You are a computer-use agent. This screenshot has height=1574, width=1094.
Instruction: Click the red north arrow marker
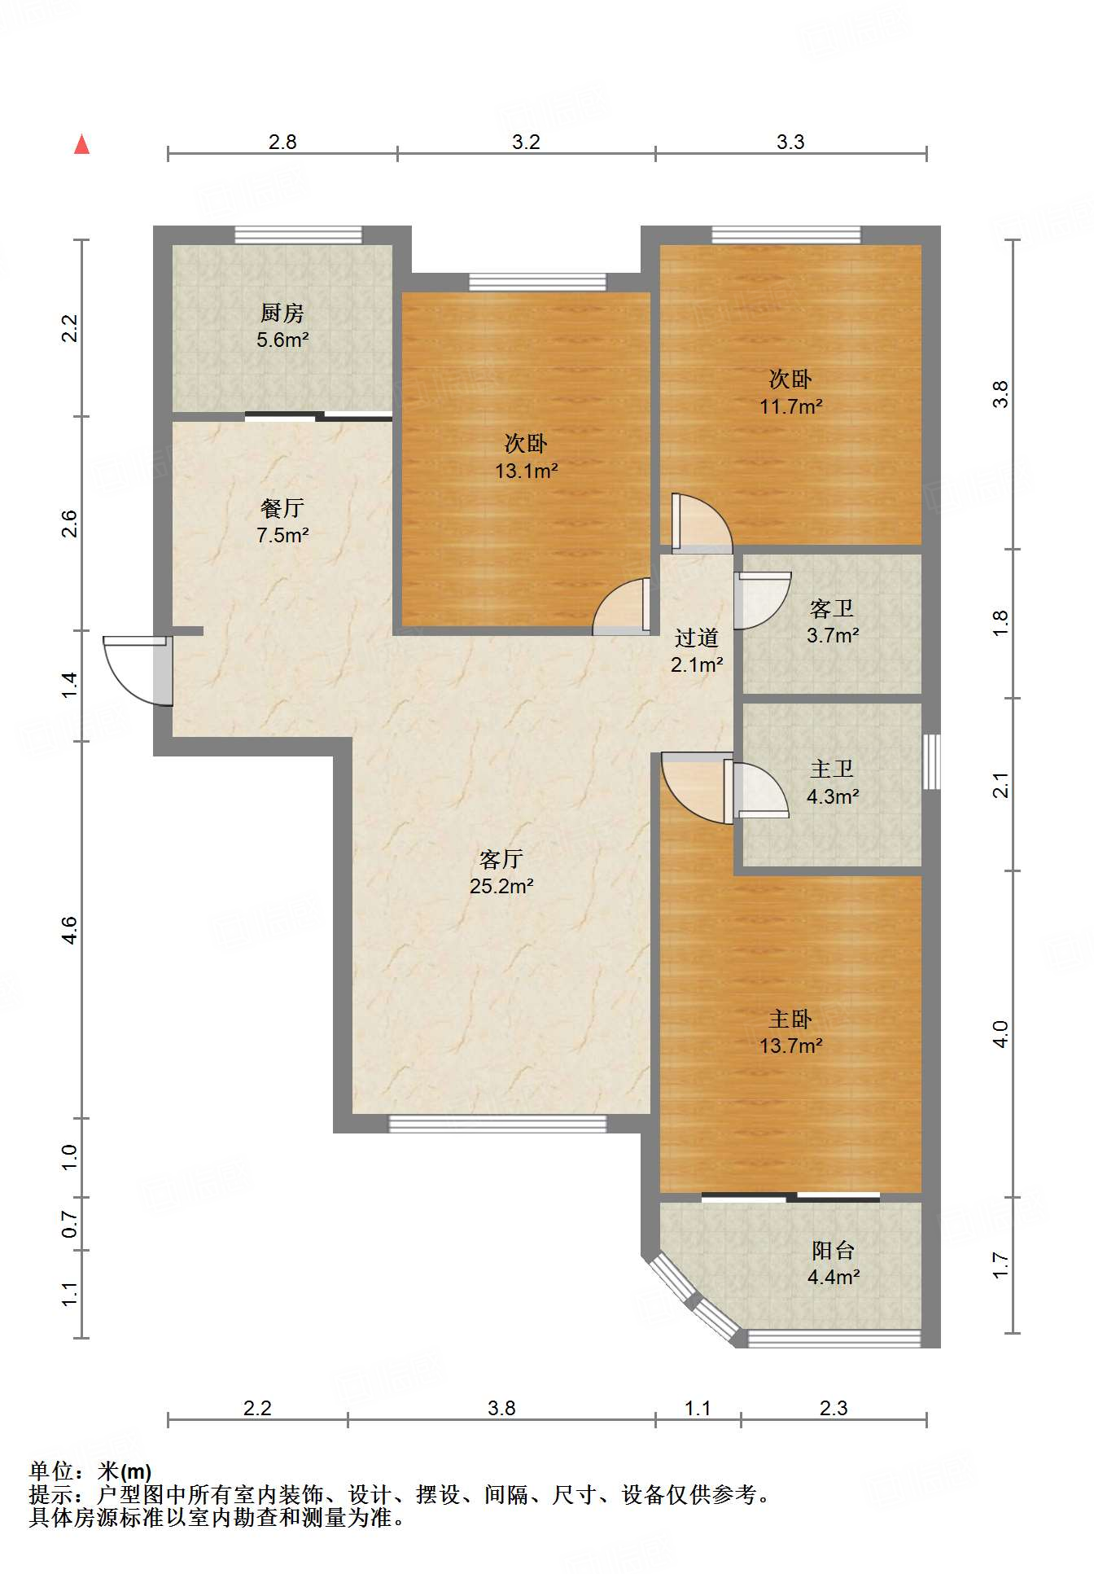81,144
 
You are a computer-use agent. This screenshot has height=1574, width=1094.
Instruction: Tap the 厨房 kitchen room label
282,313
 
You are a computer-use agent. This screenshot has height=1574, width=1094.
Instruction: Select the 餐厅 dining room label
282,508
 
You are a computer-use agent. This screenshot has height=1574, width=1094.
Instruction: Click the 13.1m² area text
527,471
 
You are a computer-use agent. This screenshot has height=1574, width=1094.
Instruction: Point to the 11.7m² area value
791,406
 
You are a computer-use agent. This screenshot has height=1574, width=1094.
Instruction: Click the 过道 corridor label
697,638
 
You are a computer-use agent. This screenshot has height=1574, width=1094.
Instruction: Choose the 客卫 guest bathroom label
832,608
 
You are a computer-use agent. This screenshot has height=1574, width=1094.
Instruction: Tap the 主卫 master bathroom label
832,769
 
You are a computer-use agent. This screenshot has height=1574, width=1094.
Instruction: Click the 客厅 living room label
501,859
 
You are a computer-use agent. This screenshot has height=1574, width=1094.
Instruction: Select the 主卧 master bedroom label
791,1019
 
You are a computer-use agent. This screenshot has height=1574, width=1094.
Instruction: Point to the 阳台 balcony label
834,1250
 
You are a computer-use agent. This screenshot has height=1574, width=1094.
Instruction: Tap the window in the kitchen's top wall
298,235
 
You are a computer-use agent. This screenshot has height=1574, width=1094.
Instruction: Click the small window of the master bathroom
932,762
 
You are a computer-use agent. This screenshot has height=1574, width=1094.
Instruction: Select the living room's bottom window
498,1124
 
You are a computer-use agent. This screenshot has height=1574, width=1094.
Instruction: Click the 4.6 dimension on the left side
70,930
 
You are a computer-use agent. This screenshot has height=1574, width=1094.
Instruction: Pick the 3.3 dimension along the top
790,142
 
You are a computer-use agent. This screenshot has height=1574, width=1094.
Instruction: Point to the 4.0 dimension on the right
1001,1034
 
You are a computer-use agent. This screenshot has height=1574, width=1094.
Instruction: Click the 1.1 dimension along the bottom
698,1409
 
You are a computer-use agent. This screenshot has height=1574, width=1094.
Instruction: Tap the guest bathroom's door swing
762,601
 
